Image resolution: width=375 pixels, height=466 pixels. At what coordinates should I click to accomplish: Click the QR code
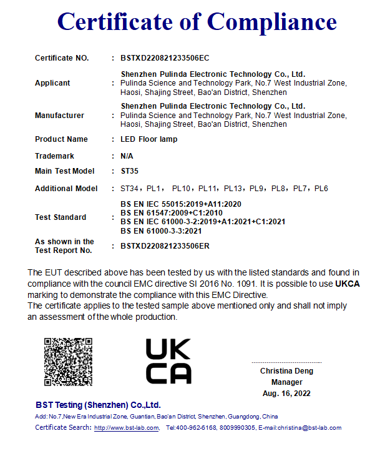[69, 362]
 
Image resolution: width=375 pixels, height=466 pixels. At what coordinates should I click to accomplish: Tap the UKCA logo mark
[168, 361]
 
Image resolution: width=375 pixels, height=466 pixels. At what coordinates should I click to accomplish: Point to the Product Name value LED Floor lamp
[149, 139]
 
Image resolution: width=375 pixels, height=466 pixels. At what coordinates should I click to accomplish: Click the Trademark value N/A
[127, 156]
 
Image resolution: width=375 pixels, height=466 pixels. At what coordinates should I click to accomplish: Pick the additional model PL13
[233, 189]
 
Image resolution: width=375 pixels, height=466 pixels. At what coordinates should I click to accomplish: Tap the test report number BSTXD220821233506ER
[165, 246]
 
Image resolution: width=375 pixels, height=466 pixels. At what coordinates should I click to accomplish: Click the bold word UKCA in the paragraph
[348, 284]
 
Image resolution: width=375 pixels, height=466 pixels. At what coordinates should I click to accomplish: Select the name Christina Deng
[286, 371]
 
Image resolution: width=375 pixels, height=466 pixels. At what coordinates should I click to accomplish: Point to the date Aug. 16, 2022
[286, 394]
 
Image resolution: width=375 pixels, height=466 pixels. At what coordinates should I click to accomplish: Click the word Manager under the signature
[286, 382]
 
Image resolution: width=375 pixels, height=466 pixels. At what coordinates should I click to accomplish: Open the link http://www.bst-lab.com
[127, 428]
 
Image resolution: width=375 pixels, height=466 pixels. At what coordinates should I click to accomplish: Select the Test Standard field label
[61, 217]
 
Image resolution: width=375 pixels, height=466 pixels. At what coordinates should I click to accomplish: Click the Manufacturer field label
[59, 116]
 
